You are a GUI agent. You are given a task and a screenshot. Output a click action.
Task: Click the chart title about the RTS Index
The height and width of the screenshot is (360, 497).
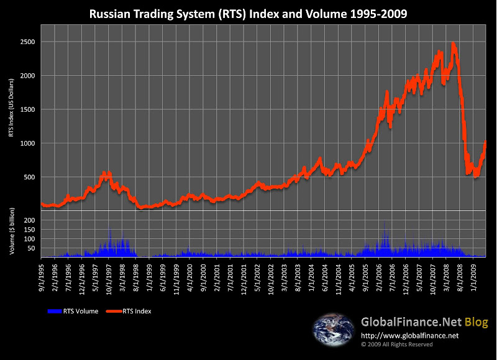point(248,13)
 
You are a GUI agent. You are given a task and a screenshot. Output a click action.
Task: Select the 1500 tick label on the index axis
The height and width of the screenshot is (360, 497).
point(29,109)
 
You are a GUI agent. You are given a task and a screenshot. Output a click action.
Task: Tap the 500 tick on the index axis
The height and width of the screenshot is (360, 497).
point(31,177)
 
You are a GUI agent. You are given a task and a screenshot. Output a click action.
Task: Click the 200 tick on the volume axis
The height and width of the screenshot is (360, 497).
point(30,220)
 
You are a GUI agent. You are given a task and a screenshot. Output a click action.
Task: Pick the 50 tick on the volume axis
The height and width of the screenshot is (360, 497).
point(32,248)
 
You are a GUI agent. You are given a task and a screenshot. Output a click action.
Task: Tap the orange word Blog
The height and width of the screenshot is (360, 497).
point(478,322)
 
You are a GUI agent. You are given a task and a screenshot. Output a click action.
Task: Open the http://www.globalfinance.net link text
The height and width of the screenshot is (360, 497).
point(409,336)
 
